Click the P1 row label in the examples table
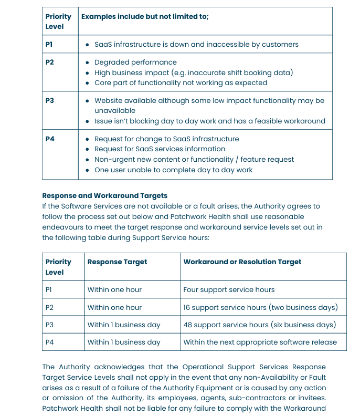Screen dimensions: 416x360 click(x=49, y=44)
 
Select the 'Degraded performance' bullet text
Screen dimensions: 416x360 click(x=135, y=62)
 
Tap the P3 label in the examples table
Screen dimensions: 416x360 click(x=50, y=100)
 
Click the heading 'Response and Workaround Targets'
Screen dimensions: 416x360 click(x=105, y=196)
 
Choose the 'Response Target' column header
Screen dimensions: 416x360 click(x=117, y=262)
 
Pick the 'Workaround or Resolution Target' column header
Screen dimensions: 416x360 click(x=242, y=262)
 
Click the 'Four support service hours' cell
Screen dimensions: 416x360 click(x=229, y=289)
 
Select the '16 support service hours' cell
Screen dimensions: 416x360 click(x=260, y=307)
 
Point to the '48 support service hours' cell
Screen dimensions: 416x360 click(x=259, y=325)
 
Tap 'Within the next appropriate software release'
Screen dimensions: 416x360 click(x=260, y=342)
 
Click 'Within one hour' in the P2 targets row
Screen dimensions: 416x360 click(x=114, y=307)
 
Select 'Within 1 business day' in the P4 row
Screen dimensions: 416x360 click(x=124, y=342)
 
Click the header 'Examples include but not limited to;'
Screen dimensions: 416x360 click(x=145, y=16)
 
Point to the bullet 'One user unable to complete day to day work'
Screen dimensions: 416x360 click(x=173, y=170)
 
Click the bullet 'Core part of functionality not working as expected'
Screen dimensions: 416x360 click(x=181, y=82)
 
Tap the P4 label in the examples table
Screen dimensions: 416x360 click(x=50, y=139)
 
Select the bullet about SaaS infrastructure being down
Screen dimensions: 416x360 click(x=196, y=44)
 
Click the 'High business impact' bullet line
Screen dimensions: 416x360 click(x=194, y=72)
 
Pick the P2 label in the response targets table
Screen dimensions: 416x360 click(x=49, y=307)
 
